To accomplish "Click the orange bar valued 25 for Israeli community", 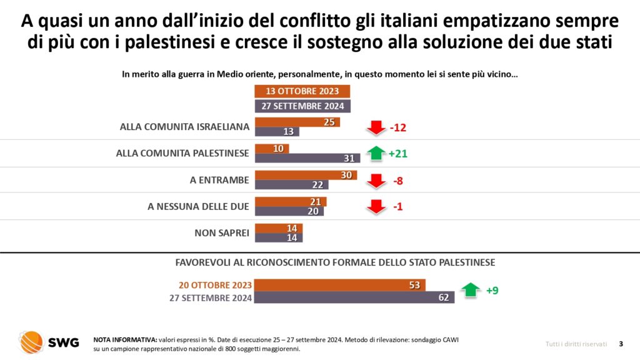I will [297, 122].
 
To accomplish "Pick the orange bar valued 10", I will [271, 148].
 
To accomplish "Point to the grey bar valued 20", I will [290, 211].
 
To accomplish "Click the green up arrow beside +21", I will [376, 153].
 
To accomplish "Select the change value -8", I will [398, 181].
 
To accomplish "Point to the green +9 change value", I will [492, 290].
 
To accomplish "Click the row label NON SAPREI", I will [222, 233].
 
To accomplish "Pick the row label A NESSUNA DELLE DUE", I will [199, 206].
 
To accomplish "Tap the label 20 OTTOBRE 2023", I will [211, 285].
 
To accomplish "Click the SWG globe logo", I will [31, 341].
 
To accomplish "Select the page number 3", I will [621, 343].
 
